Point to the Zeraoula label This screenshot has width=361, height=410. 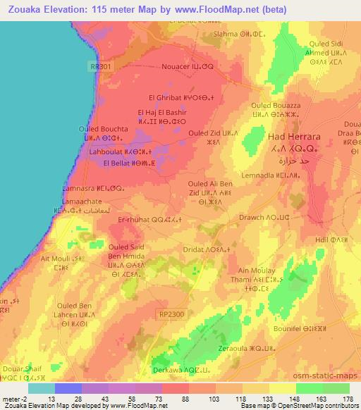click(237, 348)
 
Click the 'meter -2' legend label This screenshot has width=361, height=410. click(13, 398)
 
